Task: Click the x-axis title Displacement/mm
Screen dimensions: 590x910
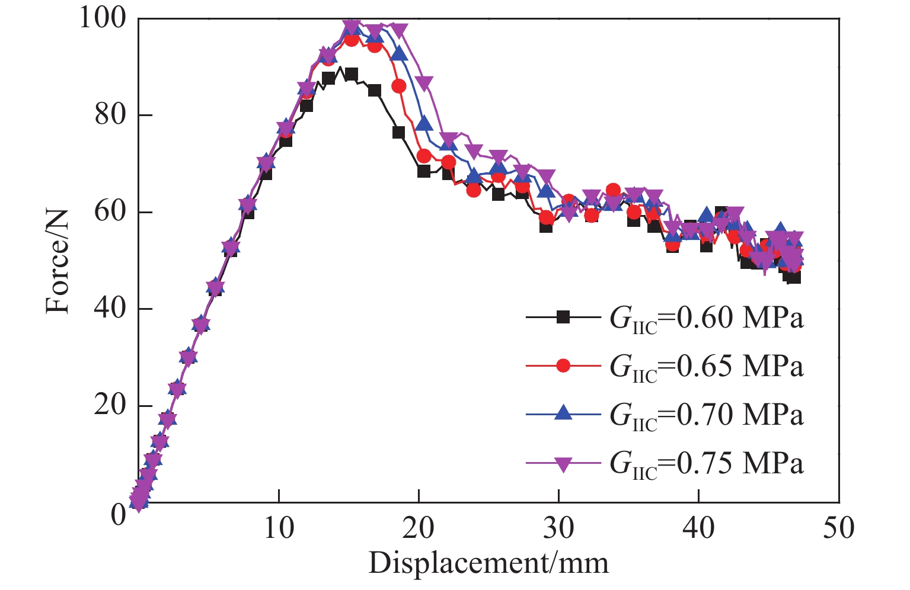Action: click(488, 563)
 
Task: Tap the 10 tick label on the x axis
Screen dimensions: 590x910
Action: click(279, 527)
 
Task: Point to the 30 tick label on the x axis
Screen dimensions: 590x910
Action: click(559, 527)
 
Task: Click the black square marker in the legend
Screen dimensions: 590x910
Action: click(563, 318)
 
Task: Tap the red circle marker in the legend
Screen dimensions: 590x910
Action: click(563, 366)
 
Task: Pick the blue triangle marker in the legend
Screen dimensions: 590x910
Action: click(563, 413)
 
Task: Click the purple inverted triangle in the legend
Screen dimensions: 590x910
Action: click(563, 463)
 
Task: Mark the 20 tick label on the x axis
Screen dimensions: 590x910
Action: click(419, 527)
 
